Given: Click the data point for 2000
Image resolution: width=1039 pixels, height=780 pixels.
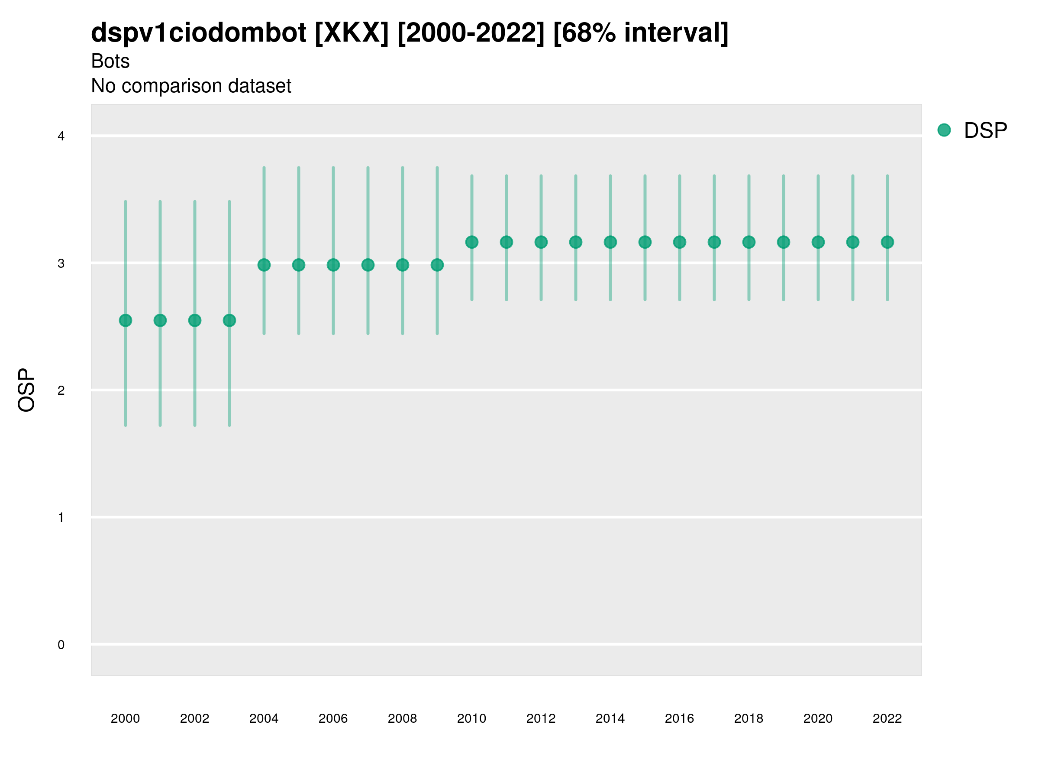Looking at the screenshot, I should click(x=126, y=320).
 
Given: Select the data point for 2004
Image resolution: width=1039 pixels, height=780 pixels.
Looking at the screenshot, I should click(x=264, y=265).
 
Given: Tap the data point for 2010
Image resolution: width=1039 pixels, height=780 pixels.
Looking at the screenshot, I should click(x=471, y=242).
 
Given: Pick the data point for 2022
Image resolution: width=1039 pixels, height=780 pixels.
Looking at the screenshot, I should click(x=887, y=242).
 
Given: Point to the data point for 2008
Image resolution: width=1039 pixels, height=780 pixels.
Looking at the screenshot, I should click(x=403, y=265).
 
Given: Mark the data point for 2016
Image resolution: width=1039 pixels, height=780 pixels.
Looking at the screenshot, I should click(x=680, y=242).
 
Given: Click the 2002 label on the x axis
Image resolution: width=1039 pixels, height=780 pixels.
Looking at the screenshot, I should click(x=194, y=718).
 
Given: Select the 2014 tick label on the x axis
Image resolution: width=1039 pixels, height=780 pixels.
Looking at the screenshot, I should click(x=610, y=718).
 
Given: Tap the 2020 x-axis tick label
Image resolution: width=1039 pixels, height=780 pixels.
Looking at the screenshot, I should click(x=818, y=718).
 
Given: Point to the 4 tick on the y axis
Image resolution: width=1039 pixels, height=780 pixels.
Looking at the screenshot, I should click(x=61, y=136).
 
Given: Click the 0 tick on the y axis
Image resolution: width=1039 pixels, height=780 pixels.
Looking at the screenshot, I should click(x=61, y=645).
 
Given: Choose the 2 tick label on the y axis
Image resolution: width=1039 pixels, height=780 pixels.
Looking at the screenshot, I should click(x=61, y=390).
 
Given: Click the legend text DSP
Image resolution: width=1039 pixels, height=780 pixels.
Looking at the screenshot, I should click(x=985, y=130).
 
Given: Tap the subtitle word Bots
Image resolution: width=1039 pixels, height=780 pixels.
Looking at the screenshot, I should click(x=110, y=61).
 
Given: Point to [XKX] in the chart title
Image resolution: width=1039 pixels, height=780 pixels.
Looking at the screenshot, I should click(x=352, y=32).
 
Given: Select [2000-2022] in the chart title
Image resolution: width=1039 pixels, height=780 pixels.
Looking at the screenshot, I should click(x=471, y=32).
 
